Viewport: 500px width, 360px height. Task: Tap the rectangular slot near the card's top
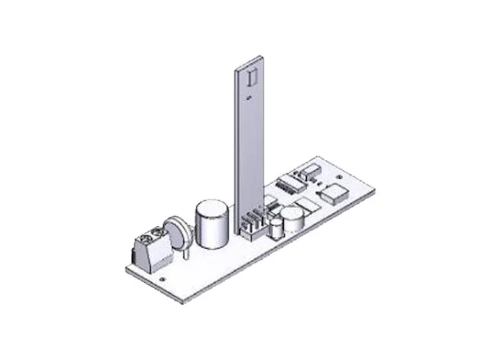pyautogui.click(x=251, y=76)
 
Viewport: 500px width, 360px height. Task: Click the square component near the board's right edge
pyautogui.click(x=333, y=192)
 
